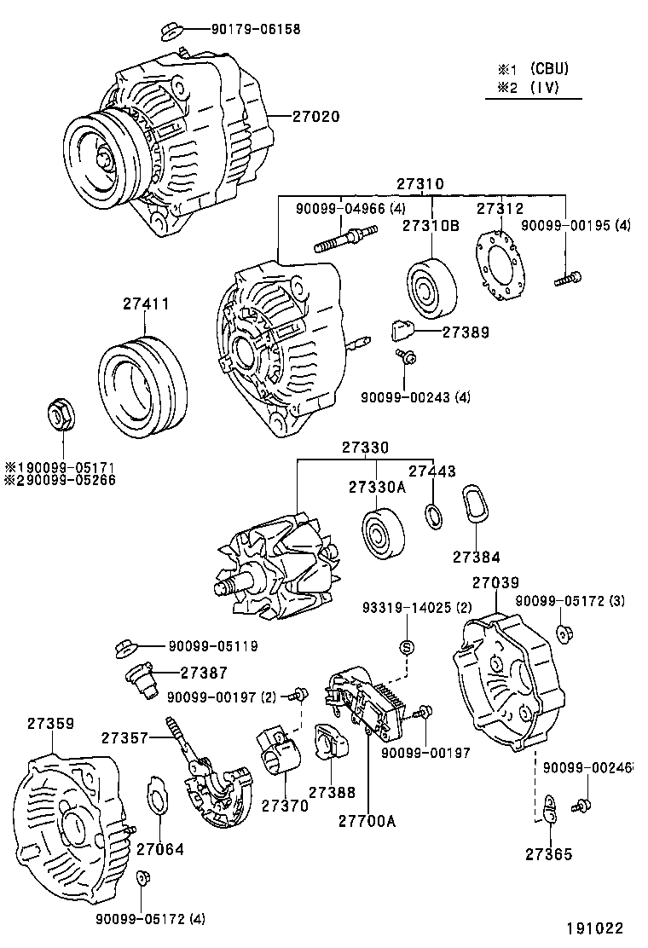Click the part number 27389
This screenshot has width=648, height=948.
466,332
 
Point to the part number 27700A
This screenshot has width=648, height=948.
367,822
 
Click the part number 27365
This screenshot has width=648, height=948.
548,854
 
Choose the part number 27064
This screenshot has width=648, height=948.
159,849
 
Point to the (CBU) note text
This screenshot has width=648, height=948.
548,68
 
